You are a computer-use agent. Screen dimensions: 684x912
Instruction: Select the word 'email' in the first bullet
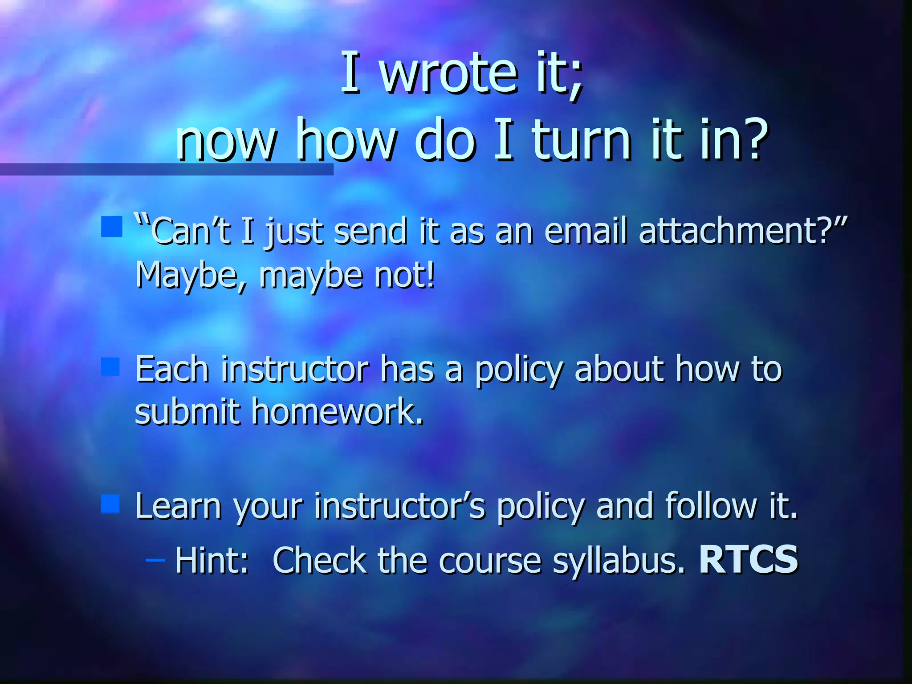[586, 231]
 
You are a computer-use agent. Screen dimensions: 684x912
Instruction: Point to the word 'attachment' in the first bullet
[728, 231]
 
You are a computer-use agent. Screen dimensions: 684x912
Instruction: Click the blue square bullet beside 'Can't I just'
[111, 227]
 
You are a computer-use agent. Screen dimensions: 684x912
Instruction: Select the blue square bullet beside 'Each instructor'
[110, 367]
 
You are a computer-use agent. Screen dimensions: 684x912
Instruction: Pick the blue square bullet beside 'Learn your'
[110, 504]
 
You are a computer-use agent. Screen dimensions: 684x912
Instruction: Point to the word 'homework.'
[337, 411]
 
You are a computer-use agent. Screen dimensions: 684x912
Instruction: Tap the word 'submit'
[187, 411]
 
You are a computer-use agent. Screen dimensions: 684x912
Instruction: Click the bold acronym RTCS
[749, 559]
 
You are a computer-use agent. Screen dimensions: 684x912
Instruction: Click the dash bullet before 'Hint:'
[155, 560]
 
